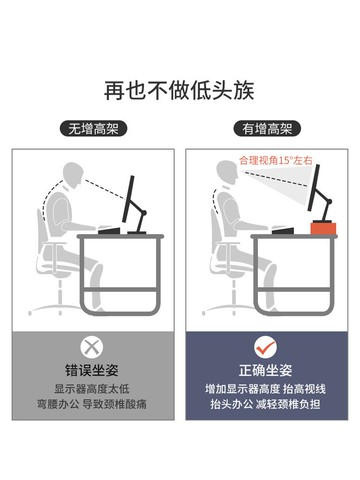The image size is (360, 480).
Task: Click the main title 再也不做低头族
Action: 180,89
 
